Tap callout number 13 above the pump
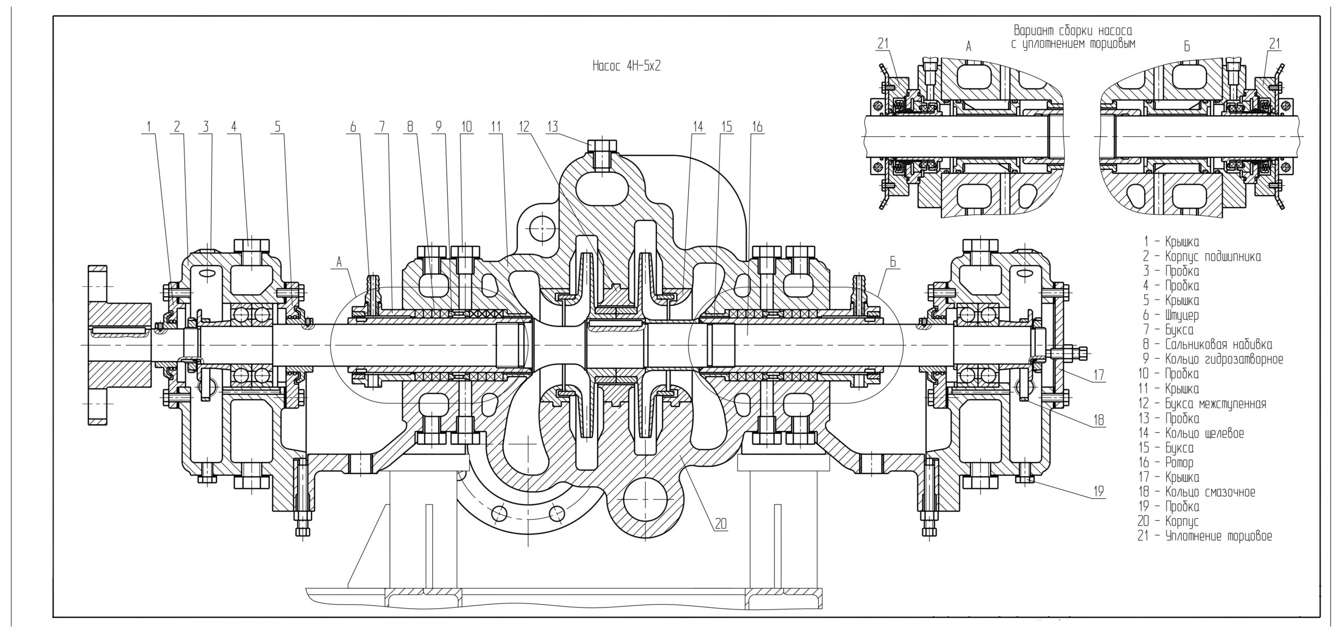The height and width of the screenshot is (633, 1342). pos(553,126)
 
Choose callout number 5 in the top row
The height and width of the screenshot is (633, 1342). pos(278,126)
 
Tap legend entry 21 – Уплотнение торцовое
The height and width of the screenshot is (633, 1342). pos(1205,536)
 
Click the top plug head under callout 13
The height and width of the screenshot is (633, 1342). pos(602,145)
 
